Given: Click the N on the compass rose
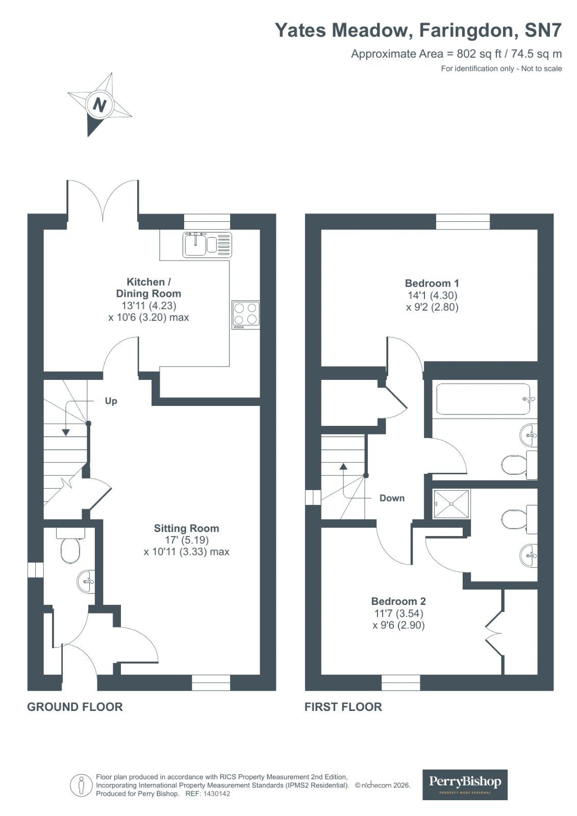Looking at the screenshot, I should pos(99,105).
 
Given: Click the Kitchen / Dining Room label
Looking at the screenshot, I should pos(148,288).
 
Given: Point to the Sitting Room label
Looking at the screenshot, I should pos(186,528).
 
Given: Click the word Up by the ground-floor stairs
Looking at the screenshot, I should pos(111,401).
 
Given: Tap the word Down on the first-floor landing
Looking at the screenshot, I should pos(392,498).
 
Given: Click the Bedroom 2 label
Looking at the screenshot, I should pos(398,601).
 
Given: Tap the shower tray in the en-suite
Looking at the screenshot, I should pos(451,504).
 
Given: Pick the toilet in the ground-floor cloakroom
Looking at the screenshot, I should pos(70,548).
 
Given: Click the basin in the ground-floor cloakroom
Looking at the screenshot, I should pos(86,580).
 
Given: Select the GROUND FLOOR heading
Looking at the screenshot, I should pos(75,707).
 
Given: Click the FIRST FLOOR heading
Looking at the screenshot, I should pos(343,707).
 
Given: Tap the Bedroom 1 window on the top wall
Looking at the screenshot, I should pos(463,222).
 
